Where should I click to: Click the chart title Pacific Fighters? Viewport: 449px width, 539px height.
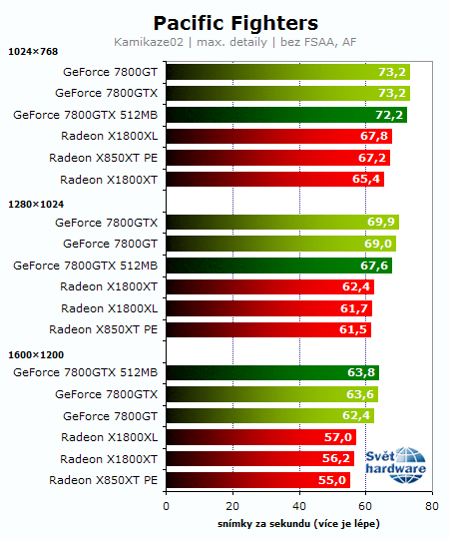(235, 22)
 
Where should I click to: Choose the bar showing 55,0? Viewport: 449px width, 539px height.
(256, 481)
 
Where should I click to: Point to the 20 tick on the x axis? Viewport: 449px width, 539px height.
(232, 506)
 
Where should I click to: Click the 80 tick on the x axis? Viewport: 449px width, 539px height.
(431, 506)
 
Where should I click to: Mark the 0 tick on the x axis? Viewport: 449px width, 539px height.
(166, 506)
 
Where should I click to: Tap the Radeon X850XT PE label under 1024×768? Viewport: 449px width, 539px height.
(103, 158)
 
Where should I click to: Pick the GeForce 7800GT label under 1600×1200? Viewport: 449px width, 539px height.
(110, 416)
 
